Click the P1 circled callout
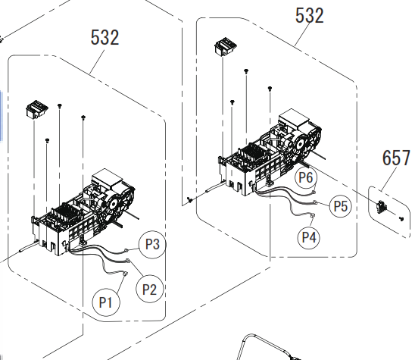pos(106,302)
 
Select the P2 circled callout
pos(149,290)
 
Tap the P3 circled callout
pos(153,244)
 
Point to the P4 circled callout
pos(309,237)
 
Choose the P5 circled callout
pos(341,206)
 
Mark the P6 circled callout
pos(306,177)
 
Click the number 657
pos(396,158)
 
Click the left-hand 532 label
pos(105,37)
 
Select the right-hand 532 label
pos(310,15)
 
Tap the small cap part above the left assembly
pos(37,109)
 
